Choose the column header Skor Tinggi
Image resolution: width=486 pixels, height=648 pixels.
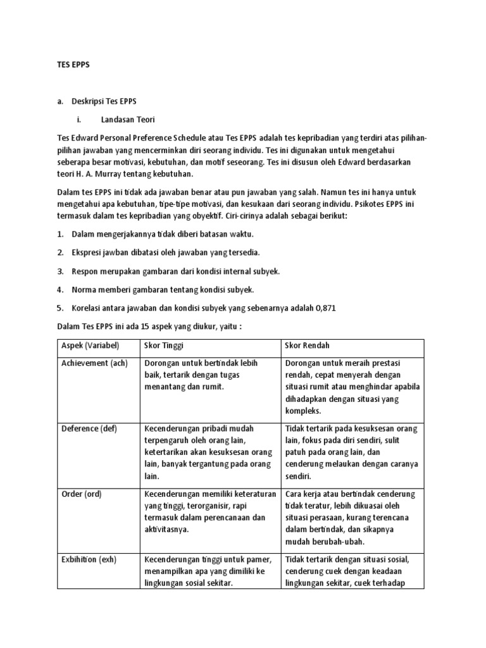pos(164,346)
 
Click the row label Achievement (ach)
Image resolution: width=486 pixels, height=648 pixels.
pos(94,363)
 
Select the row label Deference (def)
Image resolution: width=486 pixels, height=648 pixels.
pos(89,428)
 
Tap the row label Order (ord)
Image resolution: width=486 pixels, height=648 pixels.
pos(80,494)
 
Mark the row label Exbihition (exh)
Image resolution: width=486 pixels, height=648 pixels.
pos(89,559)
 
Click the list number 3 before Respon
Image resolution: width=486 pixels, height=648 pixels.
pos(60,271)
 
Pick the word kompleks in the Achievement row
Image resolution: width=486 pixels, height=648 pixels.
pos(303,411)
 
